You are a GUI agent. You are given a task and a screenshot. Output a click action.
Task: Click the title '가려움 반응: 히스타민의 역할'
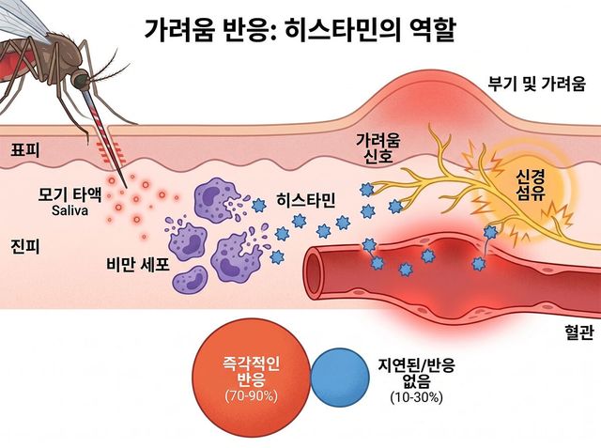tap(300, 30)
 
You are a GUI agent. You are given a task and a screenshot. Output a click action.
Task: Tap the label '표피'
tap(25, 150)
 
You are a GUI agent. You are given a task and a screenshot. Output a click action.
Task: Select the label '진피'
tap(25, 246)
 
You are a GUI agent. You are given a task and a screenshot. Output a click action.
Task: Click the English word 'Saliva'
tap(70, 210)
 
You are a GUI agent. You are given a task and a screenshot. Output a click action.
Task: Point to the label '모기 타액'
tap(69, 195)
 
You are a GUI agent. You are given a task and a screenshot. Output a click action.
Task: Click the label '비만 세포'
tap(138, 265)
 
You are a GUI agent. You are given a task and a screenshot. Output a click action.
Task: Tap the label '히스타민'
tap(306, 200)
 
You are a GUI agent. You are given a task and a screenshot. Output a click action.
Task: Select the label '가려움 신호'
tap(378, 148)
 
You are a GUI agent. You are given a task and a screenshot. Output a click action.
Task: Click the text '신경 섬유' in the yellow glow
tap(531, 185)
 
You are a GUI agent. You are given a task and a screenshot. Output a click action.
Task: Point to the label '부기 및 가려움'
tap(536, 84)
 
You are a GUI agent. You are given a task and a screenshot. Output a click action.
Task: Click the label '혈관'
tap(578, 332)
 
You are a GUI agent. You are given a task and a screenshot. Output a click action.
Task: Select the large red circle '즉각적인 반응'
tap(251, 378)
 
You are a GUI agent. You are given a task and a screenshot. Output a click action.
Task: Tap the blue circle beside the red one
tap(340, 377)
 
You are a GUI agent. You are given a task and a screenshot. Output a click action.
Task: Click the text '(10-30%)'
tap(416, 397)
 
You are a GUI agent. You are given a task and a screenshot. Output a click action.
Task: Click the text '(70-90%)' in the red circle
tap(251, 395)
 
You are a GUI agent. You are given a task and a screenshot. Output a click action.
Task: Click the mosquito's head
tap(82, 79)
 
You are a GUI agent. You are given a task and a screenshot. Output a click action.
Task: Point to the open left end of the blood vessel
tap(314, 270)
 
